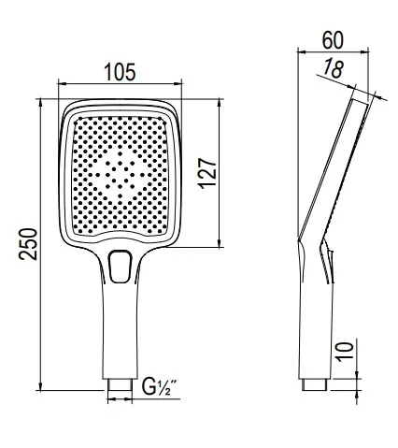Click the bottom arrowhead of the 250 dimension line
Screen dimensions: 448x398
42,387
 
